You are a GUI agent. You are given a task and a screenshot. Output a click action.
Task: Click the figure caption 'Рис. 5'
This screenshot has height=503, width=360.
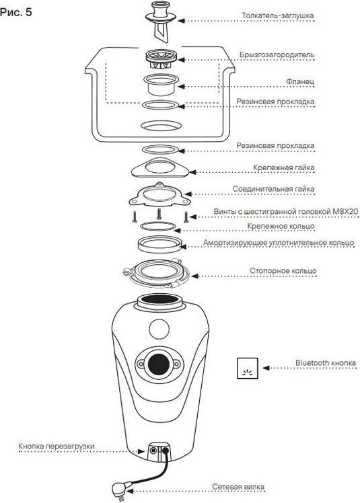pos(16,12)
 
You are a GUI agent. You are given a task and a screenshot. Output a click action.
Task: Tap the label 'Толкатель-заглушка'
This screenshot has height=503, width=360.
pos(278,15)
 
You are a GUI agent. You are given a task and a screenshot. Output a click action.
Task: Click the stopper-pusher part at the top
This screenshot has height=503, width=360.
pos(161,22)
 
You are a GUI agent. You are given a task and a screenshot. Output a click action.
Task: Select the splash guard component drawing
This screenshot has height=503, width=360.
pos(161,59)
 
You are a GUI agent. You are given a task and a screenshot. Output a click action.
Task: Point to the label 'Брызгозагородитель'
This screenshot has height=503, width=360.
pos(277,55)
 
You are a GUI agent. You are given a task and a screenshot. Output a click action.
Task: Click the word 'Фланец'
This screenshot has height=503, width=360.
pos(300,81)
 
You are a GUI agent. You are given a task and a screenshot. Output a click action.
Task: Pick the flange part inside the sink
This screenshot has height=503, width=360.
pos(161,84)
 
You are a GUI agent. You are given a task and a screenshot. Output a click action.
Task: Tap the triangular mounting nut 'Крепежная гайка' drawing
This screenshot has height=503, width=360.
pos(160,167)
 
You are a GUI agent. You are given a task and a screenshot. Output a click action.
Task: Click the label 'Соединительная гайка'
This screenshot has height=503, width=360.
pos(273,189)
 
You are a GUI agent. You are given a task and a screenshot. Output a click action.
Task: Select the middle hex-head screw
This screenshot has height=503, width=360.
pos(159,214)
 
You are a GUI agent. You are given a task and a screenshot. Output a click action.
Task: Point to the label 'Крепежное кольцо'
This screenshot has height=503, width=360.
pos(281,226)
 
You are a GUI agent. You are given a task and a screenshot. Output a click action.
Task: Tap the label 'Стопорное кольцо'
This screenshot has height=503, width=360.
pos(283,271)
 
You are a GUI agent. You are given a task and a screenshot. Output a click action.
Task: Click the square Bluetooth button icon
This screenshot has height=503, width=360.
pos(248,369)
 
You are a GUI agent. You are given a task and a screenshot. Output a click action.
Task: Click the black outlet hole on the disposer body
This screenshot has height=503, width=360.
pos(159,364)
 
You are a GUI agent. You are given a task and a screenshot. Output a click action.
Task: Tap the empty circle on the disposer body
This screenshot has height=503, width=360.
pos(159,329)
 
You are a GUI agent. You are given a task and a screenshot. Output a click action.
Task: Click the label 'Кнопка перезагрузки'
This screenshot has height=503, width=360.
pos(57,447)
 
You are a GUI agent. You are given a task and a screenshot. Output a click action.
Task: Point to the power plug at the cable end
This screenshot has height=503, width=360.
pos(119,490)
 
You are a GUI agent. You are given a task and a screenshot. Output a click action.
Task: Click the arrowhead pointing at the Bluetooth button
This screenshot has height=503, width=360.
pos(265,368)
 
